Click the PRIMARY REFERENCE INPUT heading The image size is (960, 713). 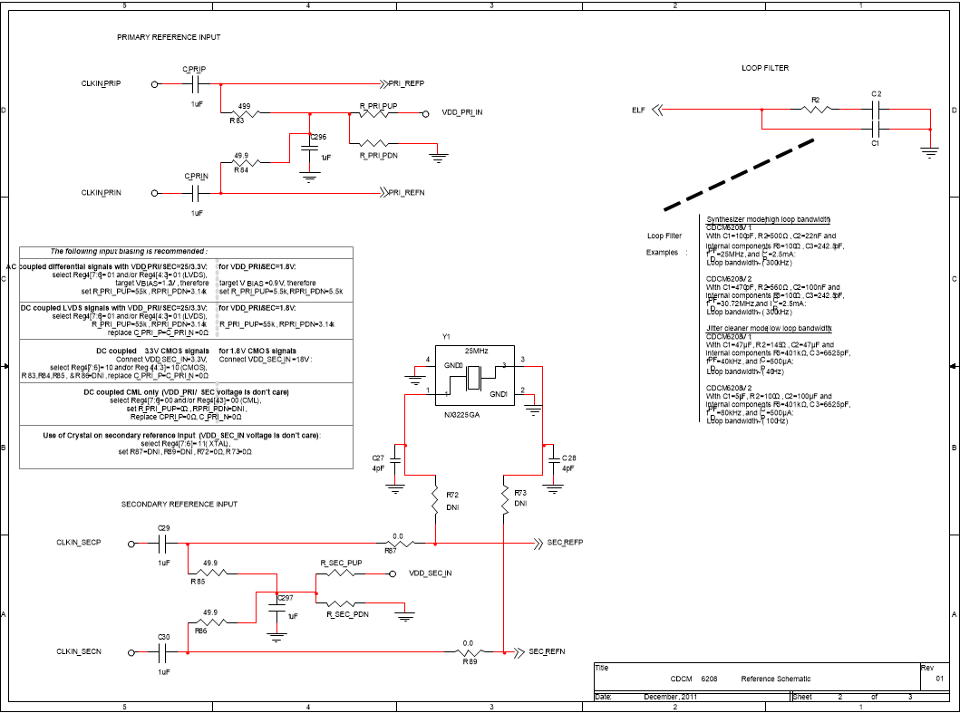[x=169, y=37]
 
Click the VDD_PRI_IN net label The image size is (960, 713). [x=462, y=113]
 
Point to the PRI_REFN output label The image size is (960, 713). [x=406, y=193]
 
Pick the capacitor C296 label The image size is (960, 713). [x=317, y=137]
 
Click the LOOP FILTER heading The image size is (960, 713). [x=764, y=68]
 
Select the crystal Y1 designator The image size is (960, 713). [x=446, y=336]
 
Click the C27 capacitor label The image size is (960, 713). [x=378, y=458]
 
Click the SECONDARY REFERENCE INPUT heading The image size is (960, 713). [x=179, y=504]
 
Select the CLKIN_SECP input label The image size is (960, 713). [x=78, y=543]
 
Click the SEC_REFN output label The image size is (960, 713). [x=548, y=652]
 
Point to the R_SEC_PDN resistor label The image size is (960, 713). [x=347, y=614]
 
